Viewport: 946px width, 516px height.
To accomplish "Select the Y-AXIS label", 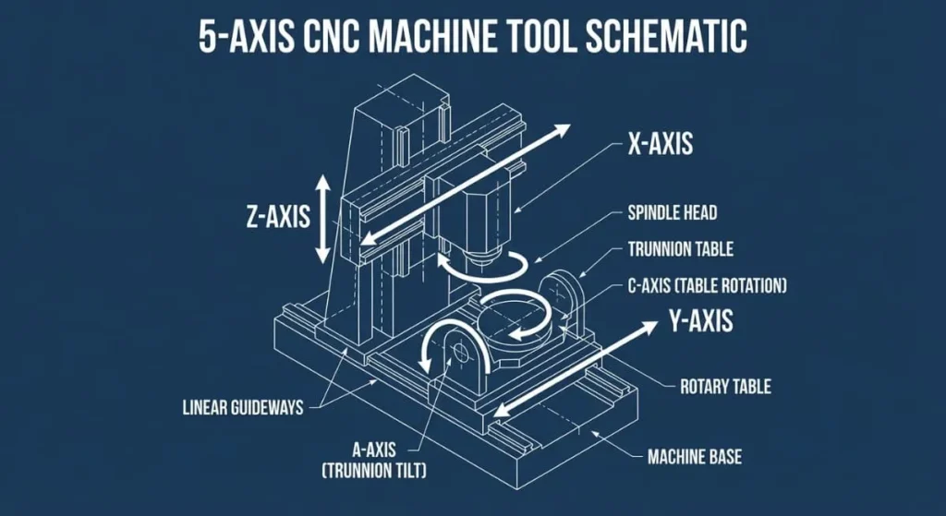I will (x=700, y=321).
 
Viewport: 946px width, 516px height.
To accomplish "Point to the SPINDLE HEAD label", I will (x=672, y=213).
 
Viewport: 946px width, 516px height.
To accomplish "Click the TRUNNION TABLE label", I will (x=681, y=249).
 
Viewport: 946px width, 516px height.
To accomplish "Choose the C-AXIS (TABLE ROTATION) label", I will (x=707, y=286).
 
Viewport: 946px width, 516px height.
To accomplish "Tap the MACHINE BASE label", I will (x=694, y=456).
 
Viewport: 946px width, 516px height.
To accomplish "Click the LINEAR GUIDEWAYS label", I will (x=243, y=407).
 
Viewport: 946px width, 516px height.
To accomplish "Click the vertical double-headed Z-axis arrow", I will (x=322, y=220).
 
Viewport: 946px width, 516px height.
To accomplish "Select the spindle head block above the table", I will (x=481, y=217).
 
